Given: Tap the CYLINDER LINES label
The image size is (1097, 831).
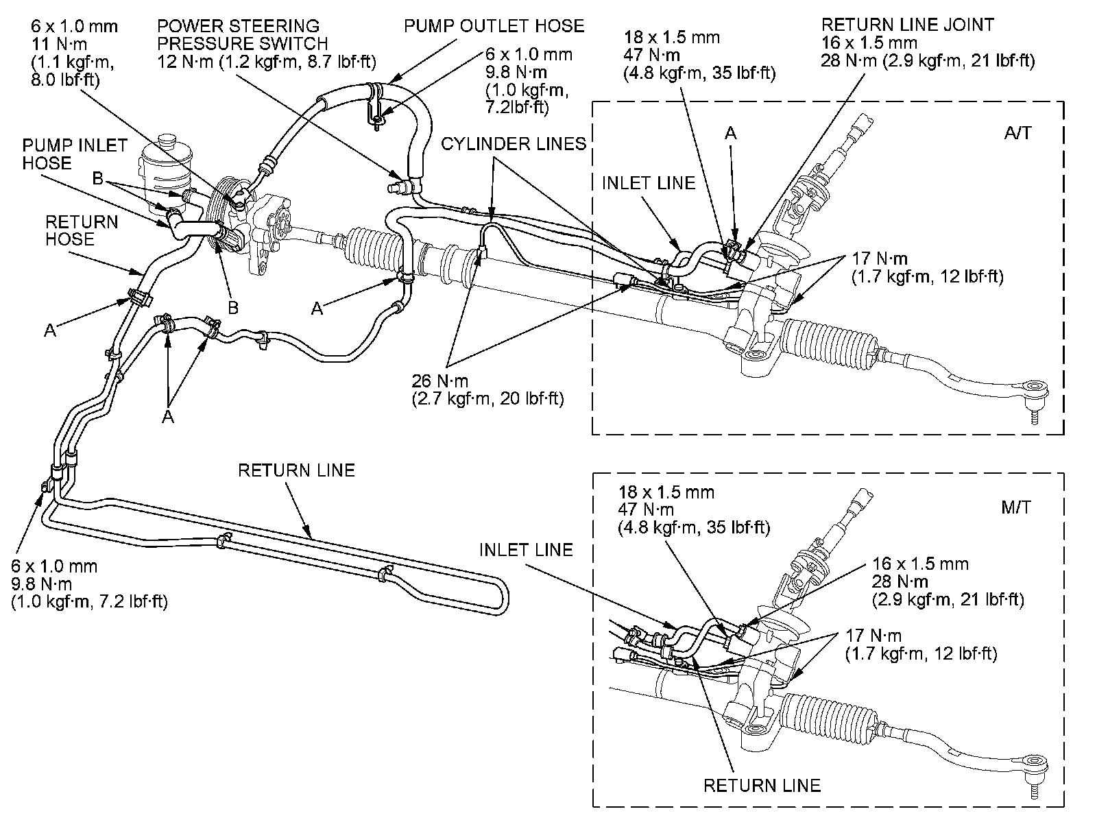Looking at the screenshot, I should [514, 144].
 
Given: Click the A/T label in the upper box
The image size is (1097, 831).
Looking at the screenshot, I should [1017, 132].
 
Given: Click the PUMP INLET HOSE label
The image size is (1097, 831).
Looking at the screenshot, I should [75, 154].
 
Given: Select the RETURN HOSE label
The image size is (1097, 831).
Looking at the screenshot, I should [82, 230].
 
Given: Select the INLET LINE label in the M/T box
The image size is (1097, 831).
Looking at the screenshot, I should [525, 550].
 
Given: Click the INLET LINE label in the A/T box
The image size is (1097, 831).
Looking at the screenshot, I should [648, 183].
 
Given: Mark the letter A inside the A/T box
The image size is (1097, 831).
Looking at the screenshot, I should [731, 134].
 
